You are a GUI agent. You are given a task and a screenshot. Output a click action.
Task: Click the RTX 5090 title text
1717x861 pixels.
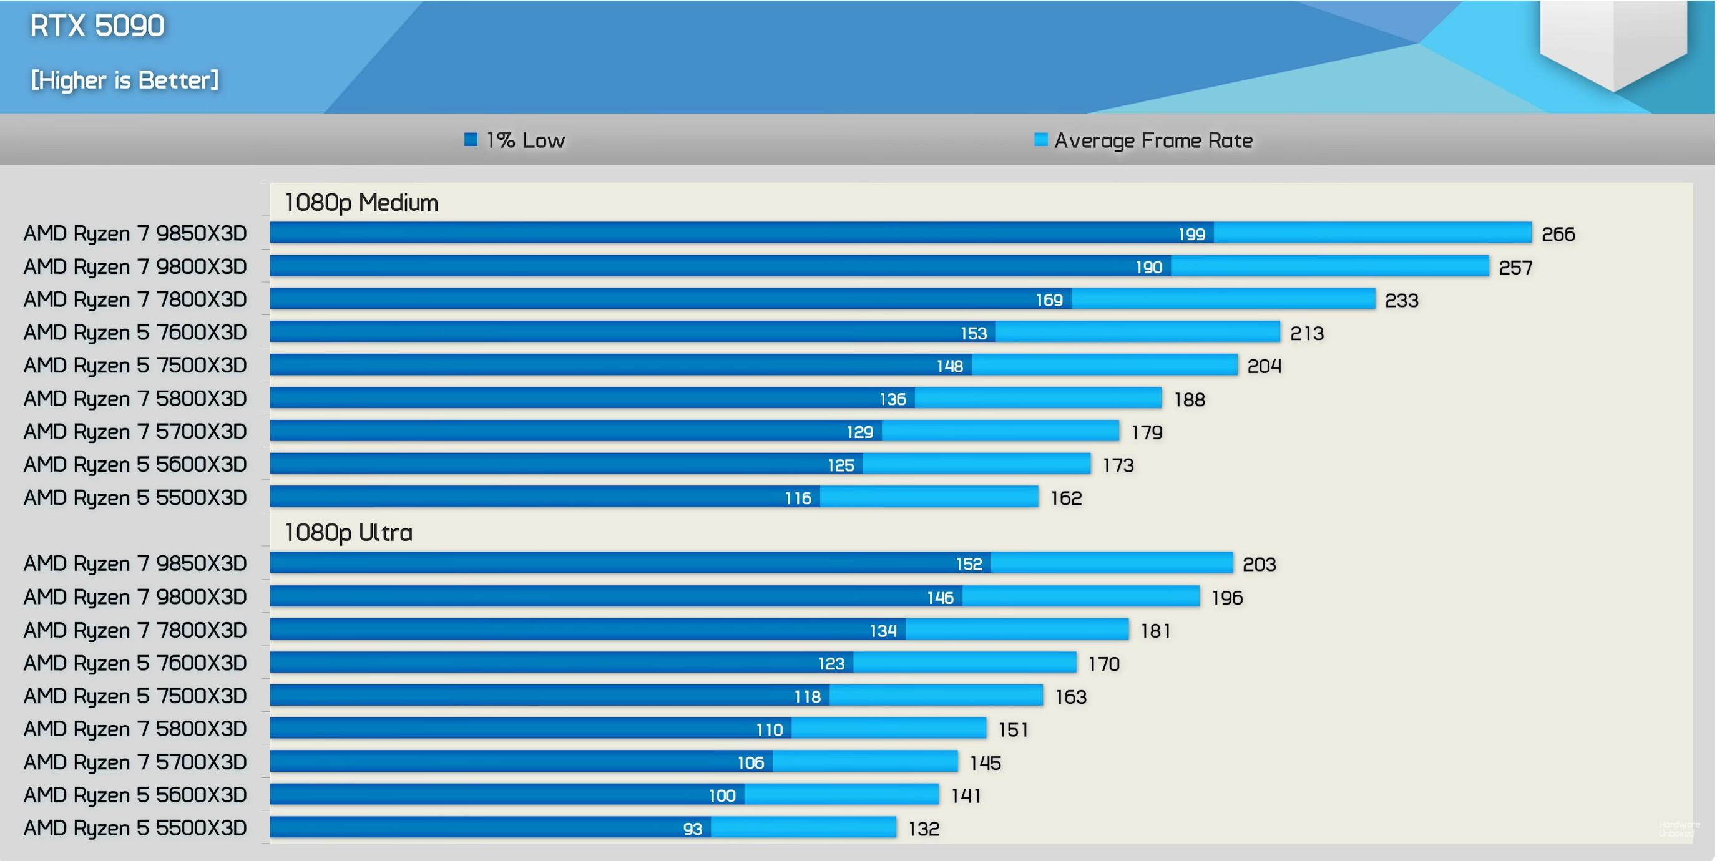pos(97,26)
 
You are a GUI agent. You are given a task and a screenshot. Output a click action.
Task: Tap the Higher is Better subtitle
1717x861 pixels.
pos(125,80)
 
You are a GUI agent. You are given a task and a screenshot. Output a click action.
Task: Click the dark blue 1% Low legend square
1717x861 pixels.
pos(471,139)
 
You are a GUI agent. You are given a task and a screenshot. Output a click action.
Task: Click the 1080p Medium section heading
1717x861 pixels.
pos(361,203)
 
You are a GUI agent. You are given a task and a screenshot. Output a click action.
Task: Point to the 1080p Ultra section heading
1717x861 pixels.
pos(349,532)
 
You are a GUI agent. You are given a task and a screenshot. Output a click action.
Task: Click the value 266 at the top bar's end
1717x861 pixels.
pos(1558,234)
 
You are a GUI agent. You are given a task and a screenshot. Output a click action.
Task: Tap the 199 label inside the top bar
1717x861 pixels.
pos(1191,234)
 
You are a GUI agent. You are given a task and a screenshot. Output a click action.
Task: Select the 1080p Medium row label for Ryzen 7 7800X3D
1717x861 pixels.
pos(135,300)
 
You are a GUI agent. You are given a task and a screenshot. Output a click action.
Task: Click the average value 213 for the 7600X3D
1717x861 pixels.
pos(1306,333)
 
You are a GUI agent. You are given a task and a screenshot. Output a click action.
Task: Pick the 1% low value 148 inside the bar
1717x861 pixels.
pos(949,366)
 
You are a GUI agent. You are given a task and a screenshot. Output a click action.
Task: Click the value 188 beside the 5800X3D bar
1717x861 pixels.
pos(1189,399)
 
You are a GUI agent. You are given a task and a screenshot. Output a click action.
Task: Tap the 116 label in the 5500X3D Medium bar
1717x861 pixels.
pos(797,498)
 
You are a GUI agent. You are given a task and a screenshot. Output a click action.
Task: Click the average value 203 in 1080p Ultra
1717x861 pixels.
pos(1258,565)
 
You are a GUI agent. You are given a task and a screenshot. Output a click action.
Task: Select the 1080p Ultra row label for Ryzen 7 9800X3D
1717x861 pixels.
pos(135,597)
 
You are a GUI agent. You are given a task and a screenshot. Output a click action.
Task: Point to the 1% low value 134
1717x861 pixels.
pos(883,630)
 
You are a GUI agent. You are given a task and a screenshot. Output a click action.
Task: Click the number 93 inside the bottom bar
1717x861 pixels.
pos(693,829)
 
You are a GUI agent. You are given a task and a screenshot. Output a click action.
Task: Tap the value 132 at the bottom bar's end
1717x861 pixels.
pos(924,829)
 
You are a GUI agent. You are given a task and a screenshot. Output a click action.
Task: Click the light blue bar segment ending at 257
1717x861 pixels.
pos(1330,266)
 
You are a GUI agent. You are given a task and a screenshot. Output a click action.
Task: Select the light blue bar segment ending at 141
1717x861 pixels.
pos(841,794)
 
